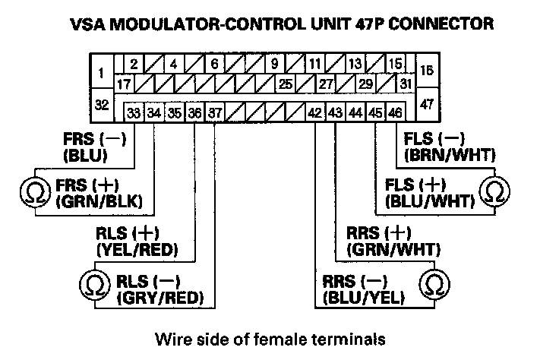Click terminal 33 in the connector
(x=134, y=112)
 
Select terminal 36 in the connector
(x=194, y=112)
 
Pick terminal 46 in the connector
(x=395, y=112)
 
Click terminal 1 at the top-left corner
(x=100, y=74)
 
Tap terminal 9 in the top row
(x=273, y=65)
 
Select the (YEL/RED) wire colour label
(x=147, y=249)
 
